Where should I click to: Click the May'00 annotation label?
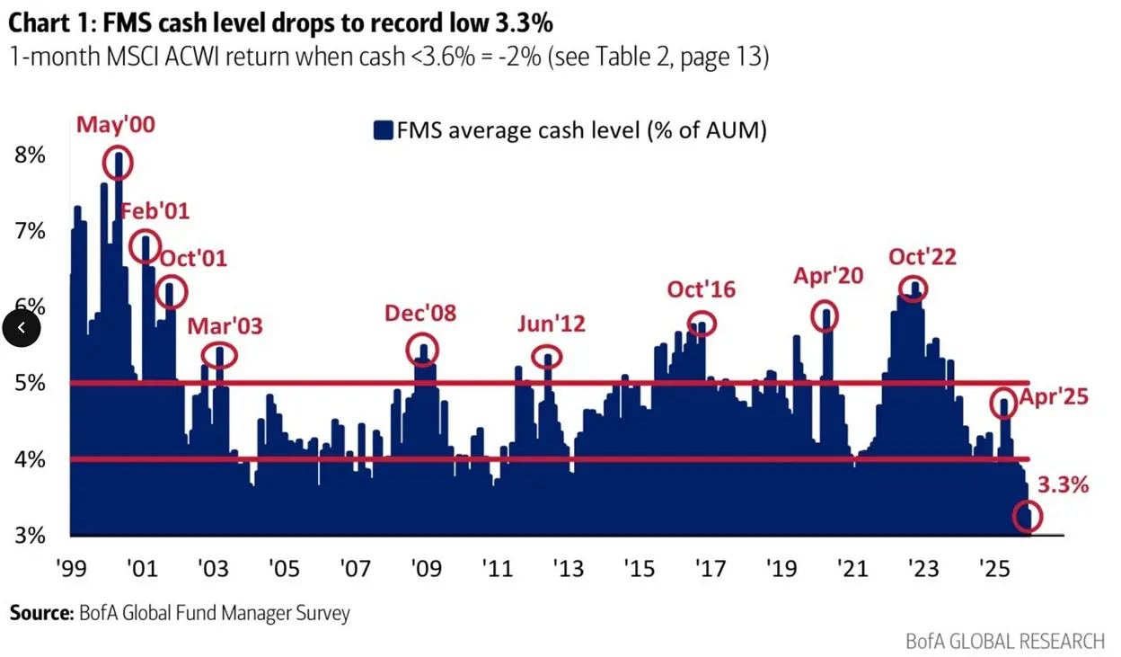[115, 124]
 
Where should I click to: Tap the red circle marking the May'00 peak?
[117, 163]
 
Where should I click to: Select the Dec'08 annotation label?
[420, 313]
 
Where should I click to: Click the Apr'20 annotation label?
[827, 276]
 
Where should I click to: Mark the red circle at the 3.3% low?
[1027, 516]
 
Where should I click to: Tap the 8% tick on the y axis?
[30, 155]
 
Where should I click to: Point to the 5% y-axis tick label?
[30, 383]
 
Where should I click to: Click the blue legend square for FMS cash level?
[384, 131]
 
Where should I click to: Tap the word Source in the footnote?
[40, 614]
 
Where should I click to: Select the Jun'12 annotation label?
[551, 324]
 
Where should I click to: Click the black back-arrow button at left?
[22, 328]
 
